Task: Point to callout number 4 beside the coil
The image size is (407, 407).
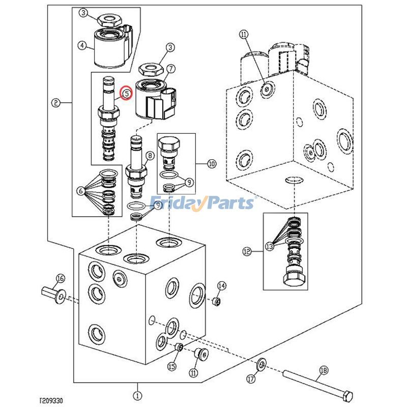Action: coord(81,45)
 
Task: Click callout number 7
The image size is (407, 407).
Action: coord(171,67)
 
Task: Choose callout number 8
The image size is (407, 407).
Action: coord(150,156)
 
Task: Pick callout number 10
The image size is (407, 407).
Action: coord(212,163)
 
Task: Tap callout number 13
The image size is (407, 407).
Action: coord(270,246)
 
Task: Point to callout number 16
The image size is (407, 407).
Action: coord(60,278)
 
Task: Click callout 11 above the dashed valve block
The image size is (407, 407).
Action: coord(243,35)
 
